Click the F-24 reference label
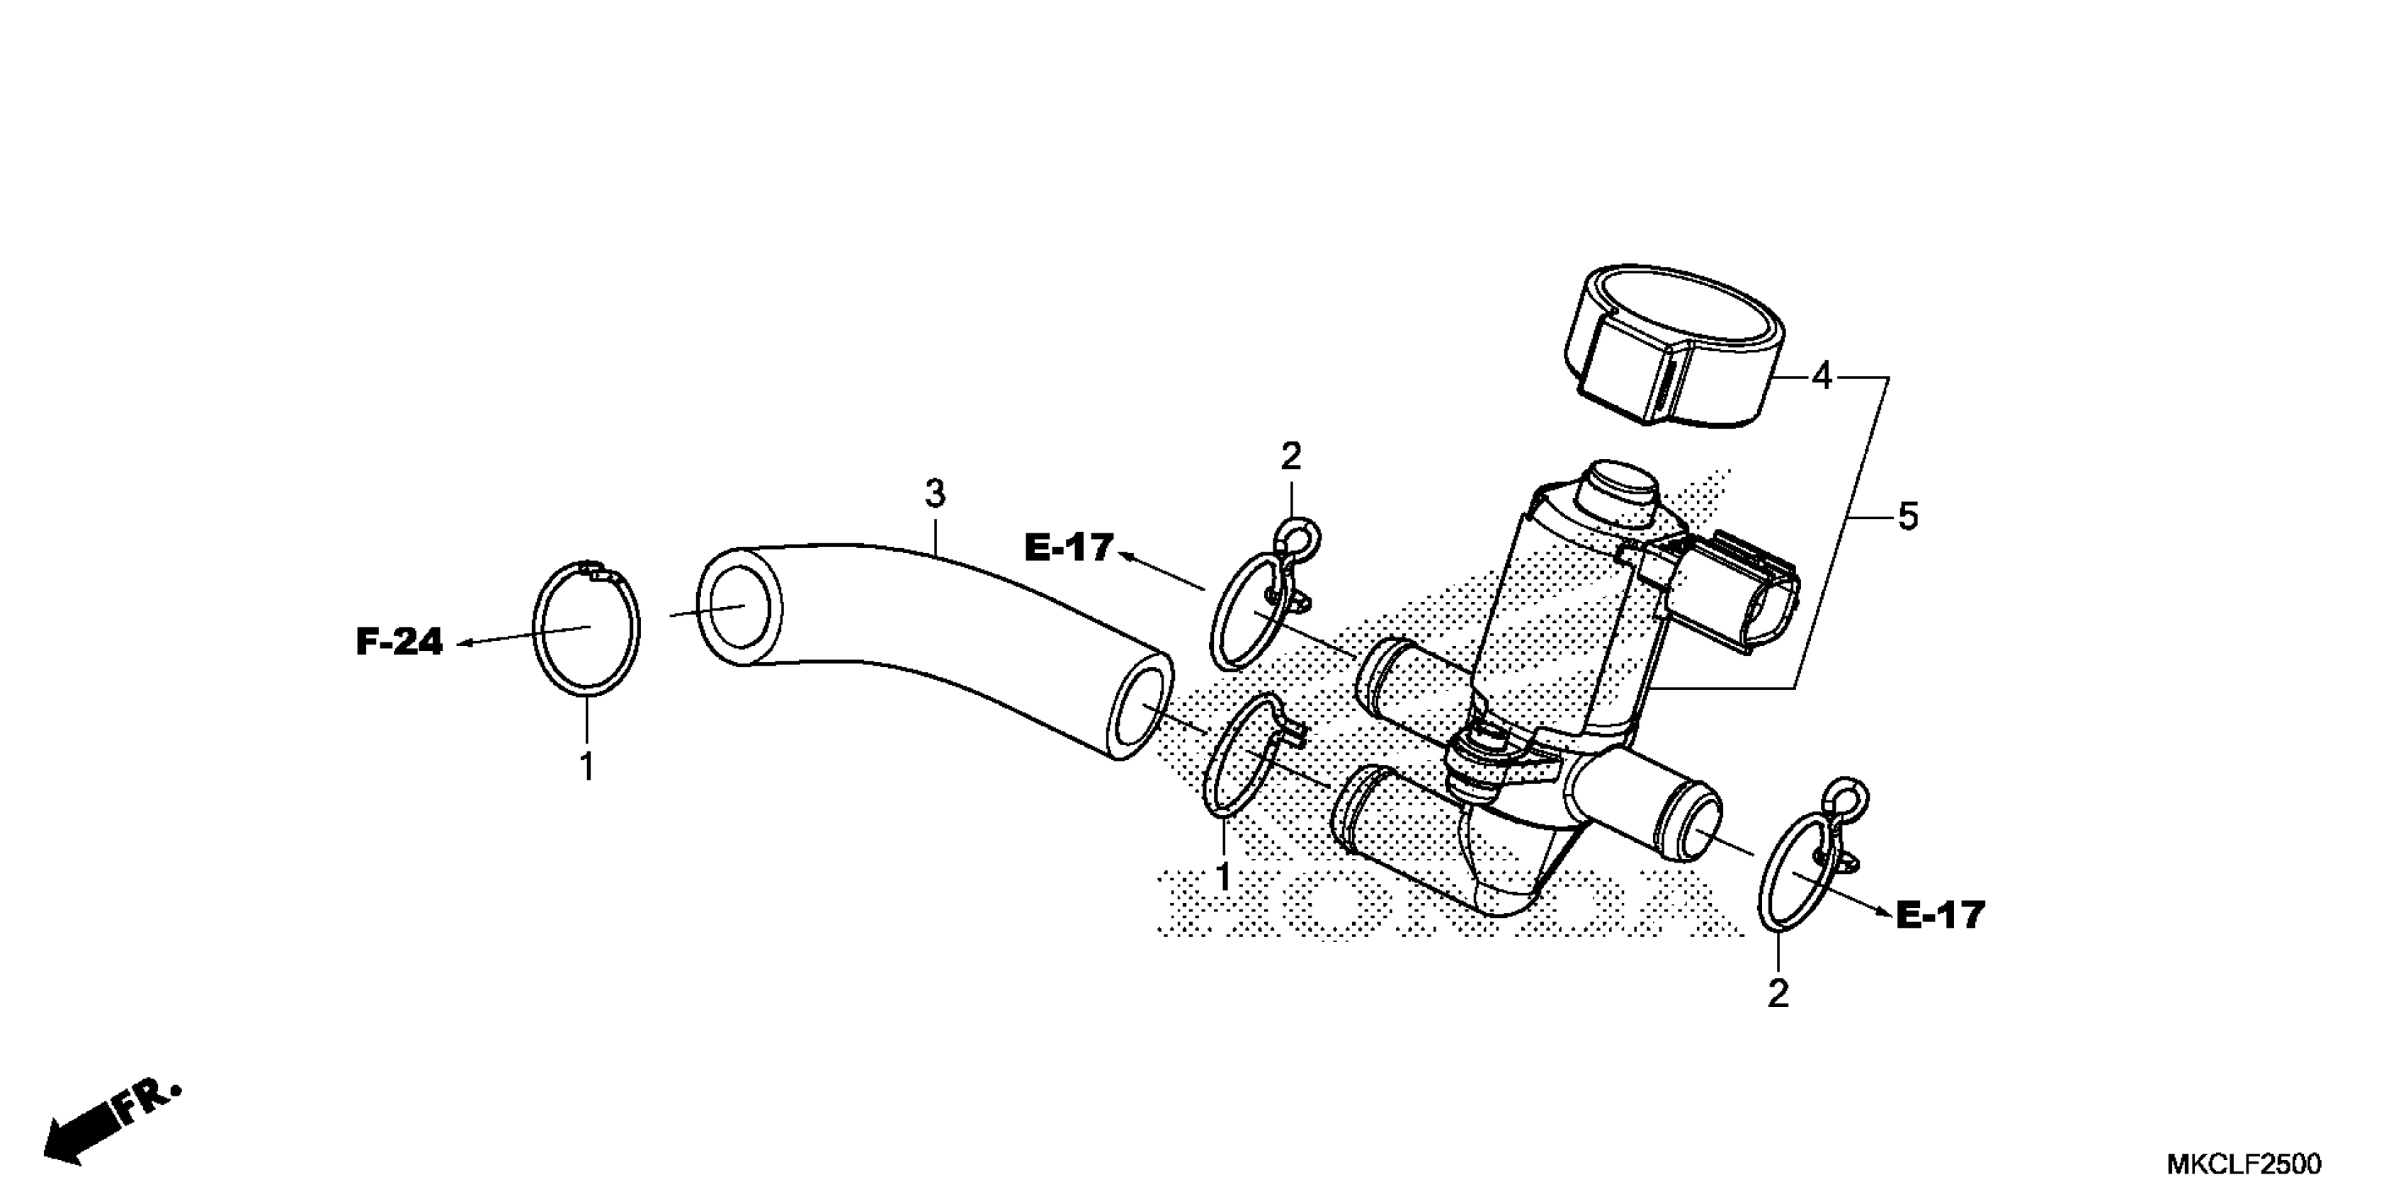point(399,642)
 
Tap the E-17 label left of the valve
point(1069,547)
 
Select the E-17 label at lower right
point(1940,915)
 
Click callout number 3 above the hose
point(936,494)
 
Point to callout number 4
point(1821,376)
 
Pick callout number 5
point(1908,516)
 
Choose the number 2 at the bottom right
point(1778,993)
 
